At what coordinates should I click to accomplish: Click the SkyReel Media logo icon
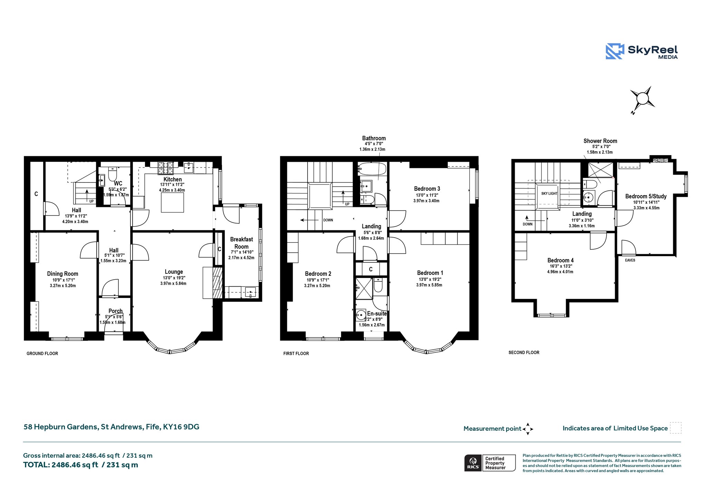(x=614, y=51)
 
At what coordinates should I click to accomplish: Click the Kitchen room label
(x=173, y=179)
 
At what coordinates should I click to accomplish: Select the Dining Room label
(x=62, y=274)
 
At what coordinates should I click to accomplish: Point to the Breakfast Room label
(x=241, y=243)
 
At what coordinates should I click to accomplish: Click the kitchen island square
(x=173, y=202)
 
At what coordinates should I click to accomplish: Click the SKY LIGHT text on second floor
(x=549, y=193)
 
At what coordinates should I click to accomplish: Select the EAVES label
(x=630, y=260)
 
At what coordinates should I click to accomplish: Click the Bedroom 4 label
(x=560, y=260)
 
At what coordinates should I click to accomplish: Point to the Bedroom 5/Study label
(x=646, y=196)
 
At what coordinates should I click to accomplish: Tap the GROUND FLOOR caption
(x=42, y=353)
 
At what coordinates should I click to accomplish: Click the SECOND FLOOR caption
(x=524, y=352)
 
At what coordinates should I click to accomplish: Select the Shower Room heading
(x=600, y=141)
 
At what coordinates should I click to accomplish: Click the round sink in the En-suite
(x=361, y=315)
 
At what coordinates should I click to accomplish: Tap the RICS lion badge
(x=473, y=462)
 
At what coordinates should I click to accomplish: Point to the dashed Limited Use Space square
(x=676, y=428)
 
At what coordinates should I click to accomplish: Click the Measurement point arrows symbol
(x=527, y=429)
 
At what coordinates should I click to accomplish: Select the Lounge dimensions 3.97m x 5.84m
(x=173, y=283)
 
